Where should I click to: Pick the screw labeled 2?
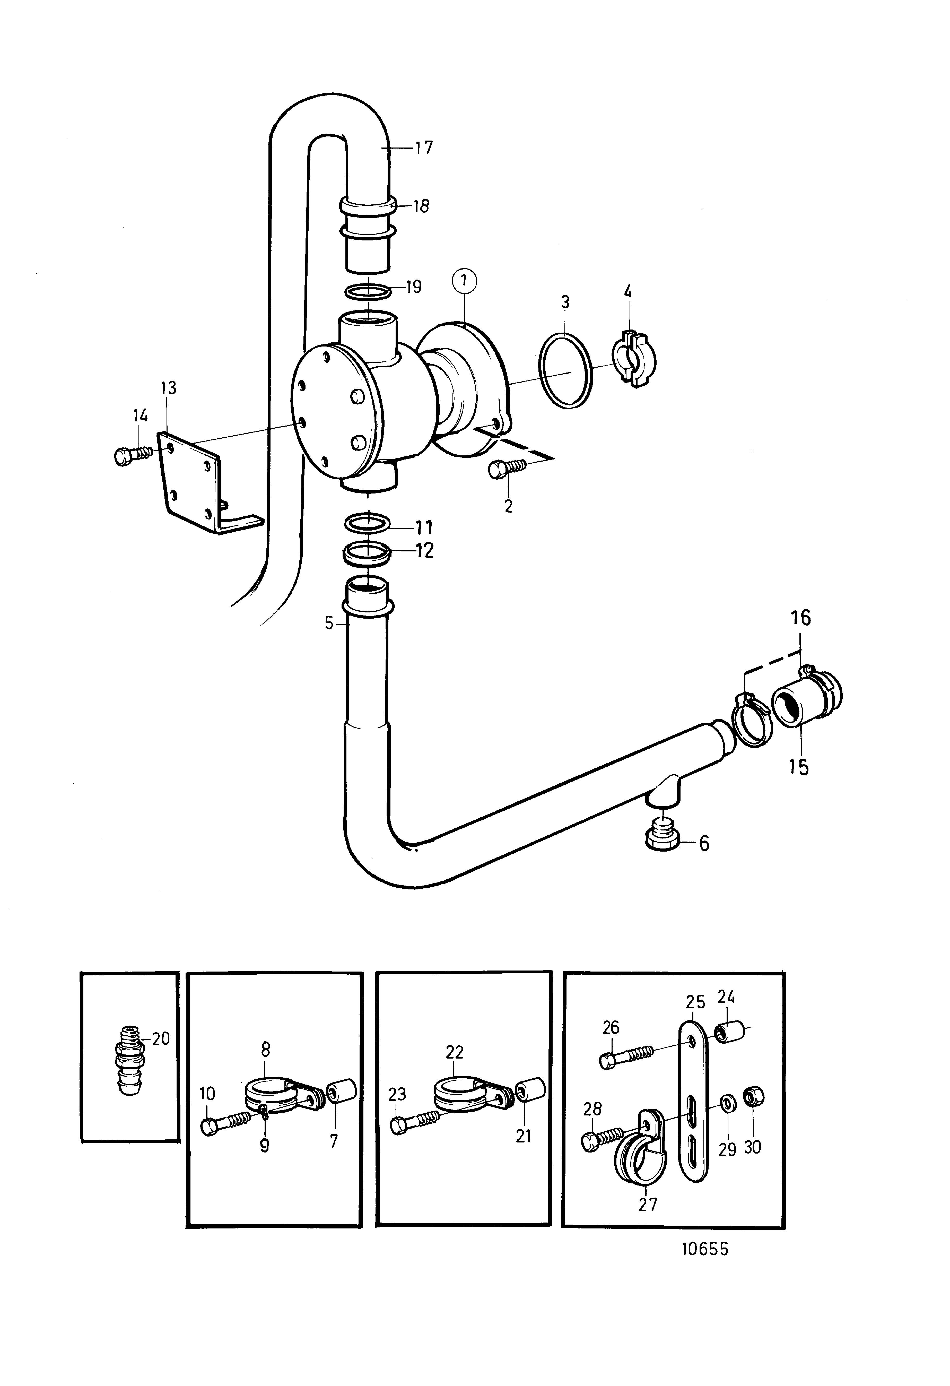point(508,468)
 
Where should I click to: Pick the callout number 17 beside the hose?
point(424,147)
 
